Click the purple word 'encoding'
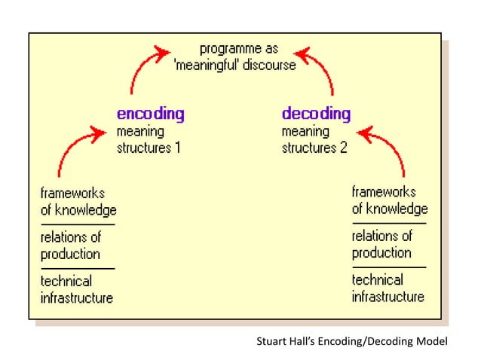pyautogui.click(x=150, y=114)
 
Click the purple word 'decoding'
pyautogui.click(x=316, y=114)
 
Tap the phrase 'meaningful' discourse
pyautogui.click(x=235, y=65)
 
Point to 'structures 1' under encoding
pyautogui.click(x=149, y=148)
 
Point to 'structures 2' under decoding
pyautogui.click(x=314, y=148)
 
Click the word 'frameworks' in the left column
pyautogui.click(x=72, y=192)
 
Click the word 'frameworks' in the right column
pyautogui.click(x=384, y=192)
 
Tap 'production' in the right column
pyautogui.click(x=381, y=253)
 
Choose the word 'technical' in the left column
pyautogui.click(x=66, y=281)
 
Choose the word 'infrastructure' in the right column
pyautogui.click(x=388, y=297)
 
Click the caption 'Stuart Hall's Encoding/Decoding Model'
pyautogui.click(x=352, y=342)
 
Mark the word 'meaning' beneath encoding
pyautogui.click(x=139, y=132)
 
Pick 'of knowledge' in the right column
pyautogui.click(x=389, y=209)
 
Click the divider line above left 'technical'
pyautogui.click(x=78, y=268)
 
